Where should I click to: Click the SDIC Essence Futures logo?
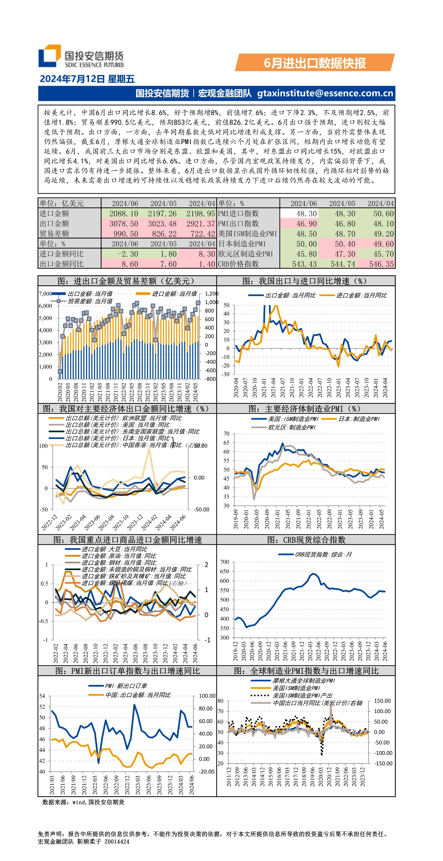81,56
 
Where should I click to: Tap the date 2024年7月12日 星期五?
87,79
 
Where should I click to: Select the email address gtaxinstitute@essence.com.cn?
325,93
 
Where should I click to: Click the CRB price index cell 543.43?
304,264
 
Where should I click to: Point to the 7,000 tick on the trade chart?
45,294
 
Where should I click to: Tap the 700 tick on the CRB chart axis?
225,562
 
